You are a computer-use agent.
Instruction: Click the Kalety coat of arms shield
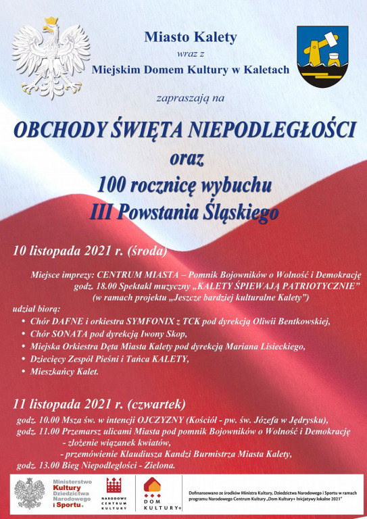click(323, 57)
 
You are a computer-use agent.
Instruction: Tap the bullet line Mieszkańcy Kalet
click(65, 372)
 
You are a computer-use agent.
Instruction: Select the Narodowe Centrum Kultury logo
click(114, 494)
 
